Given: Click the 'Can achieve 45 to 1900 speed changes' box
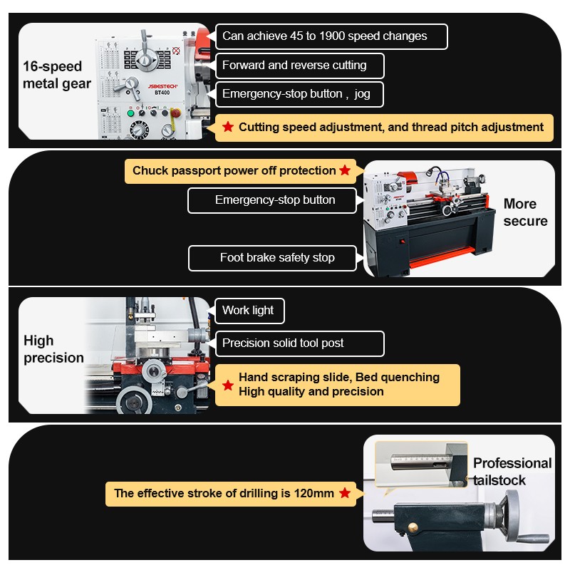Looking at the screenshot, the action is click(x=331, y=36).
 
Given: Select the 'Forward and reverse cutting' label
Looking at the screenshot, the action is click(x=299, y=66).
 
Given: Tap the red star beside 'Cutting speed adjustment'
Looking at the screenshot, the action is click(x=228, y=127).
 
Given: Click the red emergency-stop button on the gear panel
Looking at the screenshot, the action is click(x=176, y=113).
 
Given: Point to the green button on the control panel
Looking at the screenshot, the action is click(x=130, y=113).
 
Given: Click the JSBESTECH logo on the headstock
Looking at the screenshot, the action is click(x=162, y=86).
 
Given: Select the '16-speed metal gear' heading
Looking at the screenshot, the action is click(x=57, y=75).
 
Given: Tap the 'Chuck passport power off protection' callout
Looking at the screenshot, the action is click(x=240, y=171).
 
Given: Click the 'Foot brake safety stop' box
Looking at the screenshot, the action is click(x=272, y=258).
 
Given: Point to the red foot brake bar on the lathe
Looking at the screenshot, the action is click(x=442, y=257).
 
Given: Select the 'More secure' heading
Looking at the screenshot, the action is click(x=525, y=212).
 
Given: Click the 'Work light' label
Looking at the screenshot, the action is click(x=250, y=311).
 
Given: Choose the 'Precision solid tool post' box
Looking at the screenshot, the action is click(x=299, y=343).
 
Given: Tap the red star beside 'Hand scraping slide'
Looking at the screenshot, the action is click(x=228, y=385).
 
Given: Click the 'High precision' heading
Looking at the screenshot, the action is click(x=53, y=349).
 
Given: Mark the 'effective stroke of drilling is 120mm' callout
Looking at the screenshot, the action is click(x=231, y=494).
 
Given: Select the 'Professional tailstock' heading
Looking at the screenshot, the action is click(x=512, y=472).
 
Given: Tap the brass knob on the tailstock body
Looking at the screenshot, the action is click(x=413, y=527).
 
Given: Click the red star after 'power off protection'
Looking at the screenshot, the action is click(x=345, y=170).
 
